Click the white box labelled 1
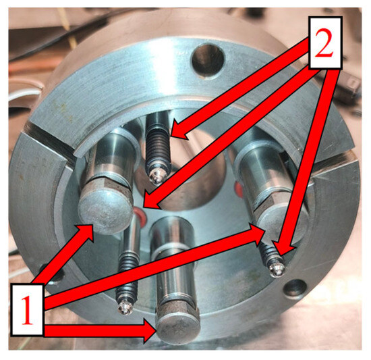tap(27, 310)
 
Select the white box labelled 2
tap(324, 43)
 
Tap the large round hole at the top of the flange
tap(208, 60)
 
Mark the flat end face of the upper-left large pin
tap(105, 213)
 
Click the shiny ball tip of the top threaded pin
tap(156, 177)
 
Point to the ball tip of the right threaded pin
tap(276, 270)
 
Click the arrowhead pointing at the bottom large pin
tap(150, 330)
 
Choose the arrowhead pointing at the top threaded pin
tap(179, 130)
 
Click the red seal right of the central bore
tap(239, 190)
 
